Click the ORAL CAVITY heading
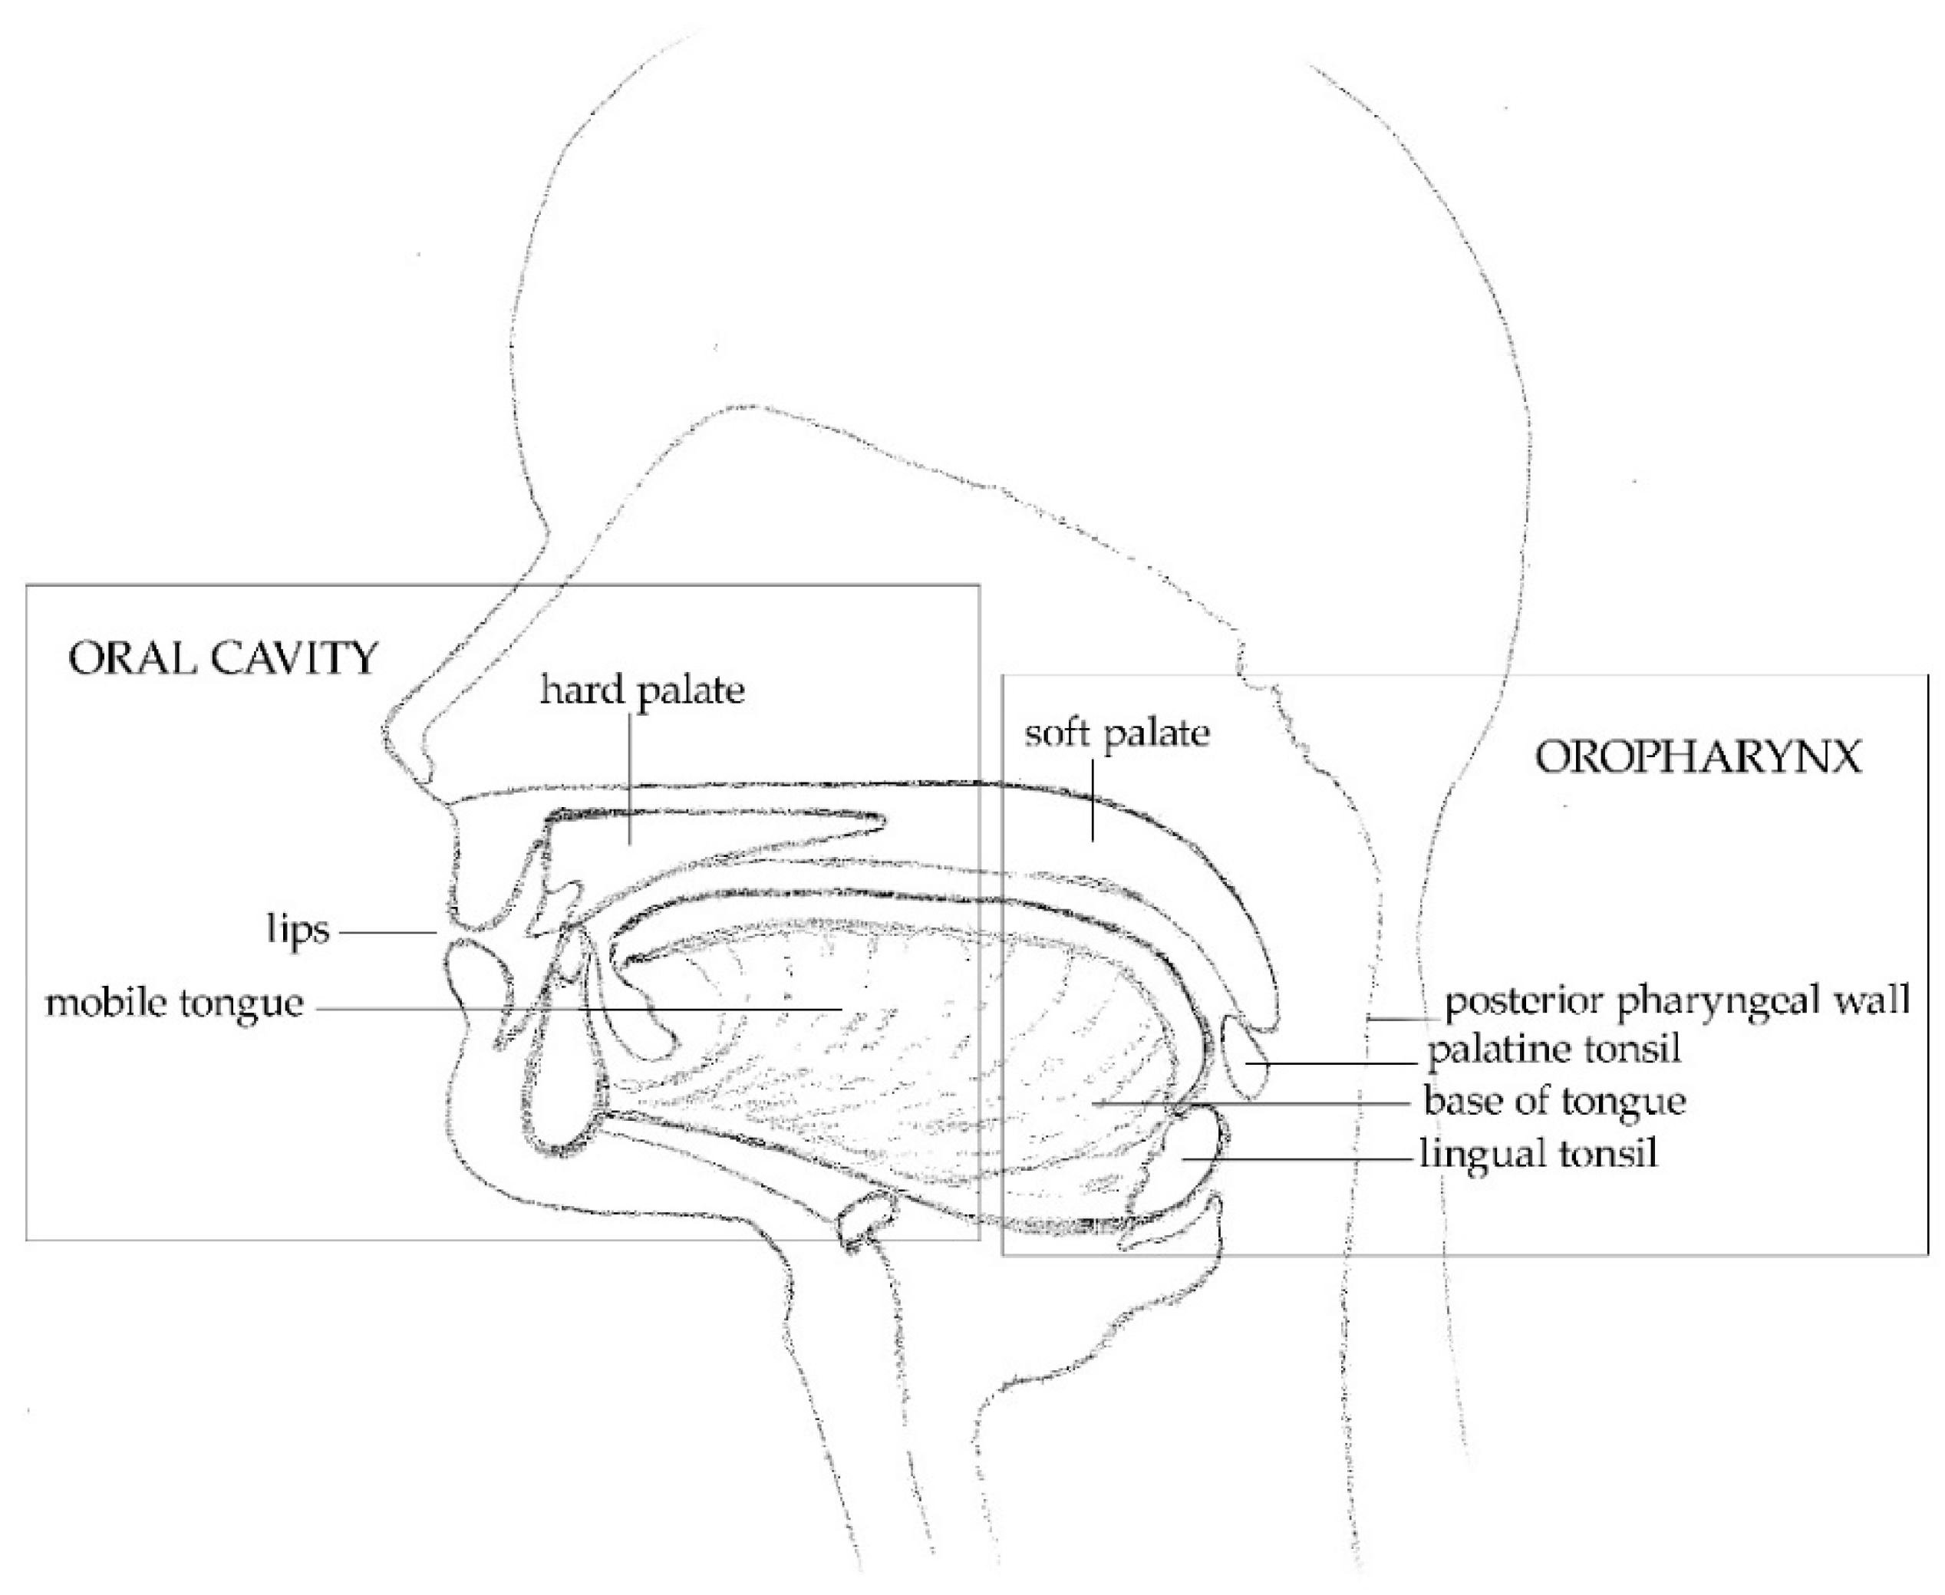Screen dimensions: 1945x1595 [x=223, y=659]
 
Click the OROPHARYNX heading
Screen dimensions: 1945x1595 [x=1699, y=758]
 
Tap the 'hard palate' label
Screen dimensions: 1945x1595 [x=642, y=690]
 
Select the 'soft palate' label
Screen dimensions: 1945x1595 [x=1116, y=733]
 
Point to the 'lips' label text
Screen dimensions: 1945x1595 [x=298, y=930]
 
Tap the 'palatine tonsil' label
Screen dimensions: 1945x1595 [x=1554, y=1048]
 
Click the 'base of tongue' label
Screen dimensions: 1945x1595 [x=1554, y=1100]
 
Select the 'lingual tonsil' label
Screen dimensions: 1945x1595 [x=1539, y=1152]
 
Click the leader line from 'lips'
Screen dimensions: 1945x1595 [x=386, y=933]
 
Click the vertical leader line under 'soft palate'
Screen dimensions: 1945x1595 [x=1093, y=799]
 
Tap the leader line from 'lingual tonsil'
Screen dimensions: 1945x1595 [x=1295, y=1159]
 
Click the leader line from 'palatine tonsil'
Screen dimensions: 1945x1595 [x=1332, y=1063]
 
